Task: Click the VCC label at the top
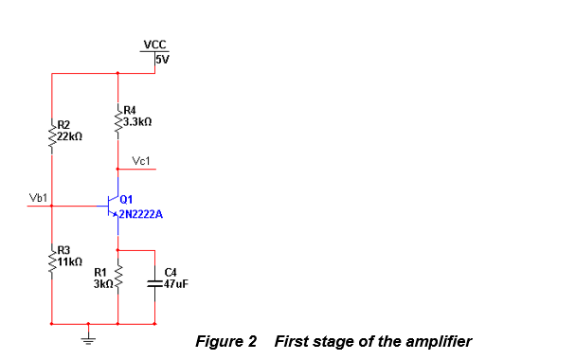[x=153, y=45]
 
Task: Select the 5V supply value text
[x=162, y=59]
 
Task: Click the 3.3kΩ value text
[x=138, y=123]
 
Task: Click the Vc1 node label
[x=143, y=161]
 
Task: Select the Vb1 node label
[x=39, y=198]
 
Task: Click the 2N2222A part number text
[x=141, y=215]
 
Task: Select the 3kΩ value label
[x=102, y=283]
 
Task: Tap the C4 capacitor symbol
[x=153, y=282]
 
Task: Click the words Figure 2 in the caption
[x=225, y=341]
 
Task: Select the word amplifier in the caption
[x=438, y=341]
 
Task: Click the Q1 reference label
[x=127, y=198]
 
